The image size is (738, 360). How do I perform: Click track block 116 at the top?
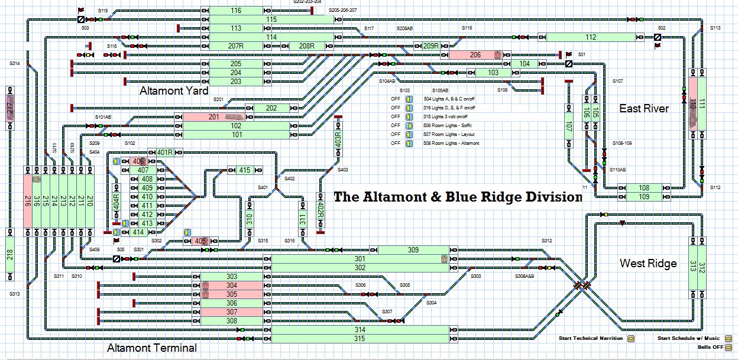click(236, 11)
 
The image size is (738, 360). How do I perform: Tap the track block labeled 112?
click(591, 37)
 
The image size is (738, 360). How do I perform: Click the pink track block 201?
click(213, 117)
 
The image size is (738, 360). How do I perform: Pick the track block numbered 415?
click(244, 170)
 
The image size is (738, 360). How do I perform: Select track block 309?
click(413, 250)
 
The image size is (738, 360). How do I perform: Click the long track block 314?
click(360, 330)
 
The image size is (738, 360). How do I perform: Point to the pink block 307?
click(231, 312)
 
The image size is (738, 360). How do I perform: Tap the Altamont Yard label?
click(174, 91)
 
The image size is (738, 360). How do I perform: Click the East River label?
click(644, 108)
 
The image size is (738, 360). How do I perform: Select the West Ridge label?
click(648, 263)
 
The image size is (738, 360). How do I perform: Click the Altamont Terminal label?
click(151, 348)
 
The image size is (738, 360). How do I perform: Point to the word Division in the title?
click(548, 197)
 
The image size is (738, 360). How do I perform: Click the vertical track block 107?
click(568, 126)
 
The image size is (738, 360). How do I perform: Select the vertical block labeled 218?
click(11, 255)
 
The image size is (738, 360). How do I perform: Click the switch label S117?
click(369, 28)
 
